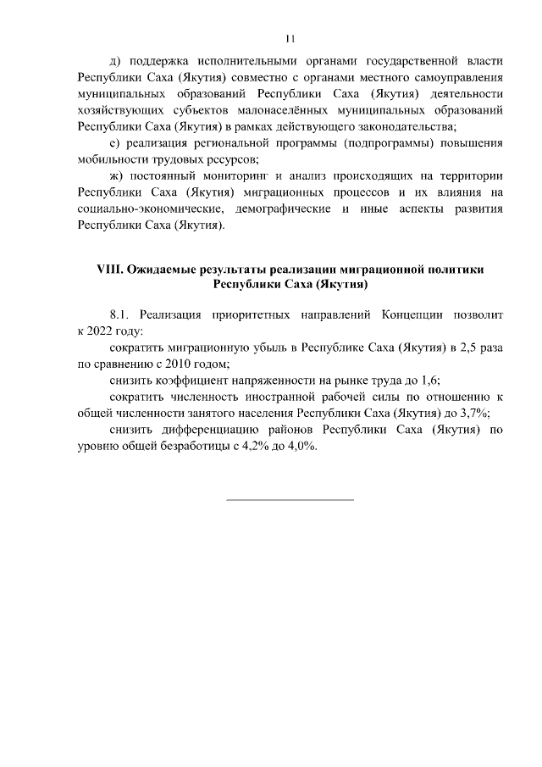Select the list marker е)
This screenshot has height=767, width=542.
tap(116, 143)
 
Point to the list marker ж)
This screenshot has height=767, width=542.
tap(118, 175)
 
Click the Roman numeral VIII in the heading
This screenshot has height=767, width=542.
tap(111, 270)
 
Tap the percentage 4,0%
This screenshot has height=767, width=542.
tap(299, 446)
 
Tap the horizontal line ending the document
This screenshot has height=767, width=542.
tap(290, 499)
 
